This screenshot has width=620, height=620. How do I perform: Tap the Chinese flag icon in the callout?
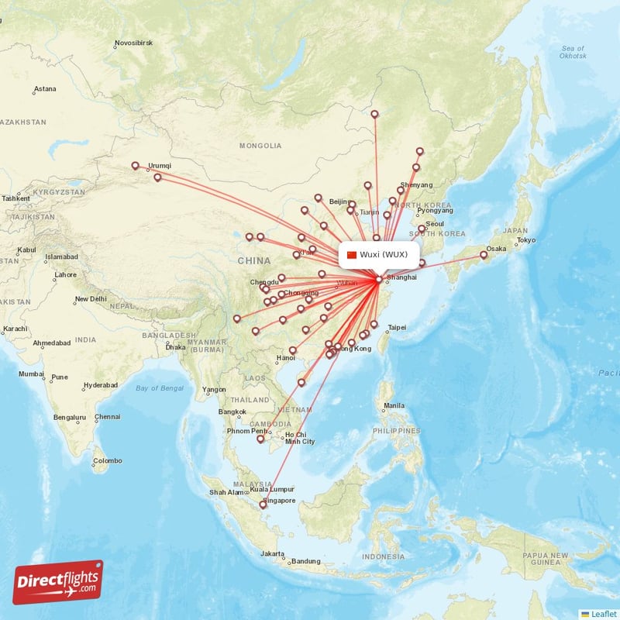coord(352,255)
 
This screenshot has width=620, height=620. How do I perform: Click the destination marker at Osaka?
coord(484,255)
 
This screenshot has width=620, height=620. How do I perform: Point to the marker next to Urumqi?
coord(136,165)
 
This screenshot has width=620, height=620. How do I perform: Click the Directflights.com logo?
coord(58,582)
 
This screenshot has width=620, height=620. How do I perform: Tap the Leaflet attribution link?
coord(603,613)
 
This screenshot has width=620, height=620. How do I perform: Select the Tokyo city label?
coord(526,240)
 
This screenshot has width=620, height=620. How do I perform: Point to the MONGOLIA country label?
coord(260,146)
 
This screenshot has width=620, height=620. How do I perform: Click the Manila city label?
coord(394,405)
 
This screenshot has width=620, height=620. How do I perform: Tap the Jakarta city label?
coord(272,553)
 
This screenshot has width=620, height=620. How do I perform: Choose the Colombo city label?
coord(108,461)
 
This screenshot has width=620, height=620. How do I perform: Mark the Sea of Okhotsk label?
coord(573,53)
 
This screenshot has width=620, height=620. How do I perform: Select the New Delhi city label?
coord(91,299)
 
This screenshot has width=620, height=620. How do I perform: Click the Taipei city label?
coord(397,327)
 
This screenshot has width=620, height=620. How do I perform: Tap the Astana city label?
coord(45,89)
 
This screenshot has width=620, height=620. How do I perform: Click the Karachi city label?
coord(14,329)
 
